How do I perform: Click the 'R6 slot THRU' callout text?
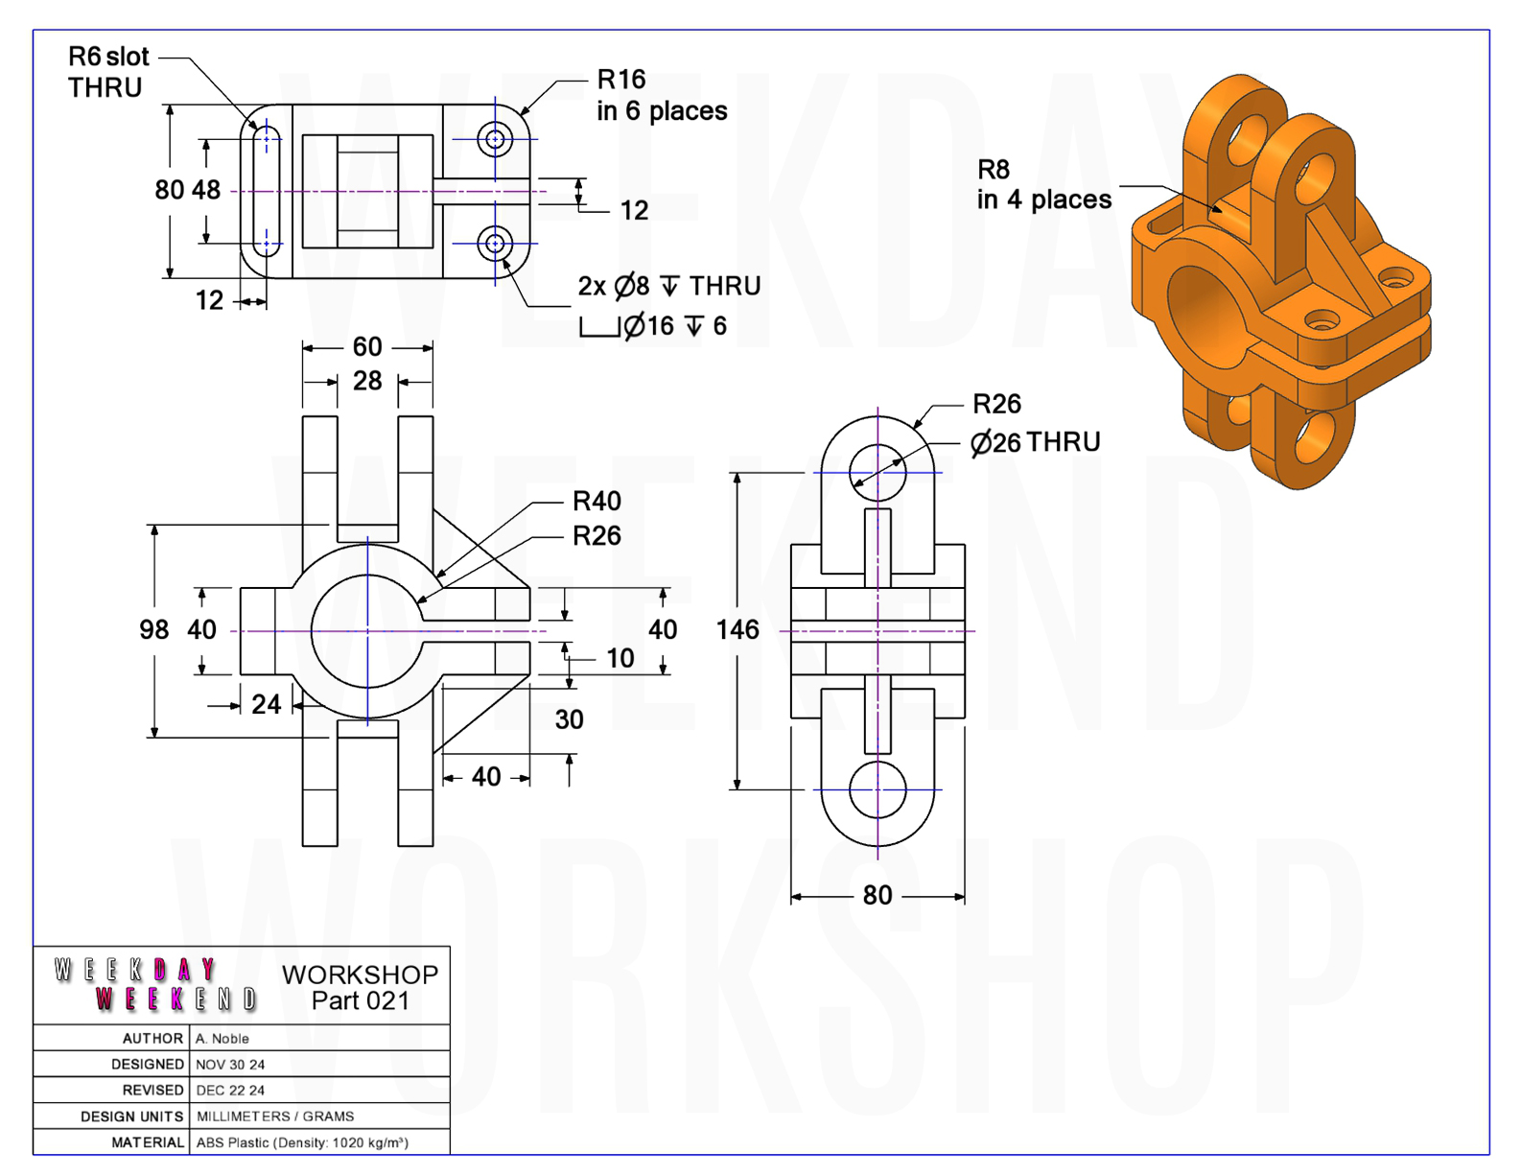(108, 72)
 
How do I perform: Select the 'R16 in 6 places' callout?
(662, 95)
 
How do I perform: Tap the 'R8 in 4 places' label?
(1043, 184)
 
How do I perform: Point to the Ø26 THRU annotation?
(1035, 442)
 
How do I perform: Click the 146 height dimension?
(737, 629)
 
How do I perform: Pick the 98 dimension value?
(153, 629)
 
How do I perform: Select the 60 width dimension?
(366, 346)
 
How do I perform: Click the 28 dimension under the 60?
(366, 381)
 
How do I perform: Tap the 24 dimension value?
(266, 704)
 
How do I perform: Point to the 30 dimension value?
(569, 719)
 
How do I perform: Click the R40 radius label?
(597, 502)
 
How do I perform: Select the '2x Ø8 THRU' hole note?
(668, 286)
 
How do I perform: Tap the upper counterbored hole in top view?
(495, 139)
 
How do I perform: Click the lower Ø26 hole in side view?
(877, 789)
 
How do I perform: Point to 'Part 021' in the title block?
(361, 1001)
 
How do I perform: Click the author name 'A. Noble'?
(222, 1039)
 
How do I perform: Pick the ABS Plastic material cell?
(302, 1143)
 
